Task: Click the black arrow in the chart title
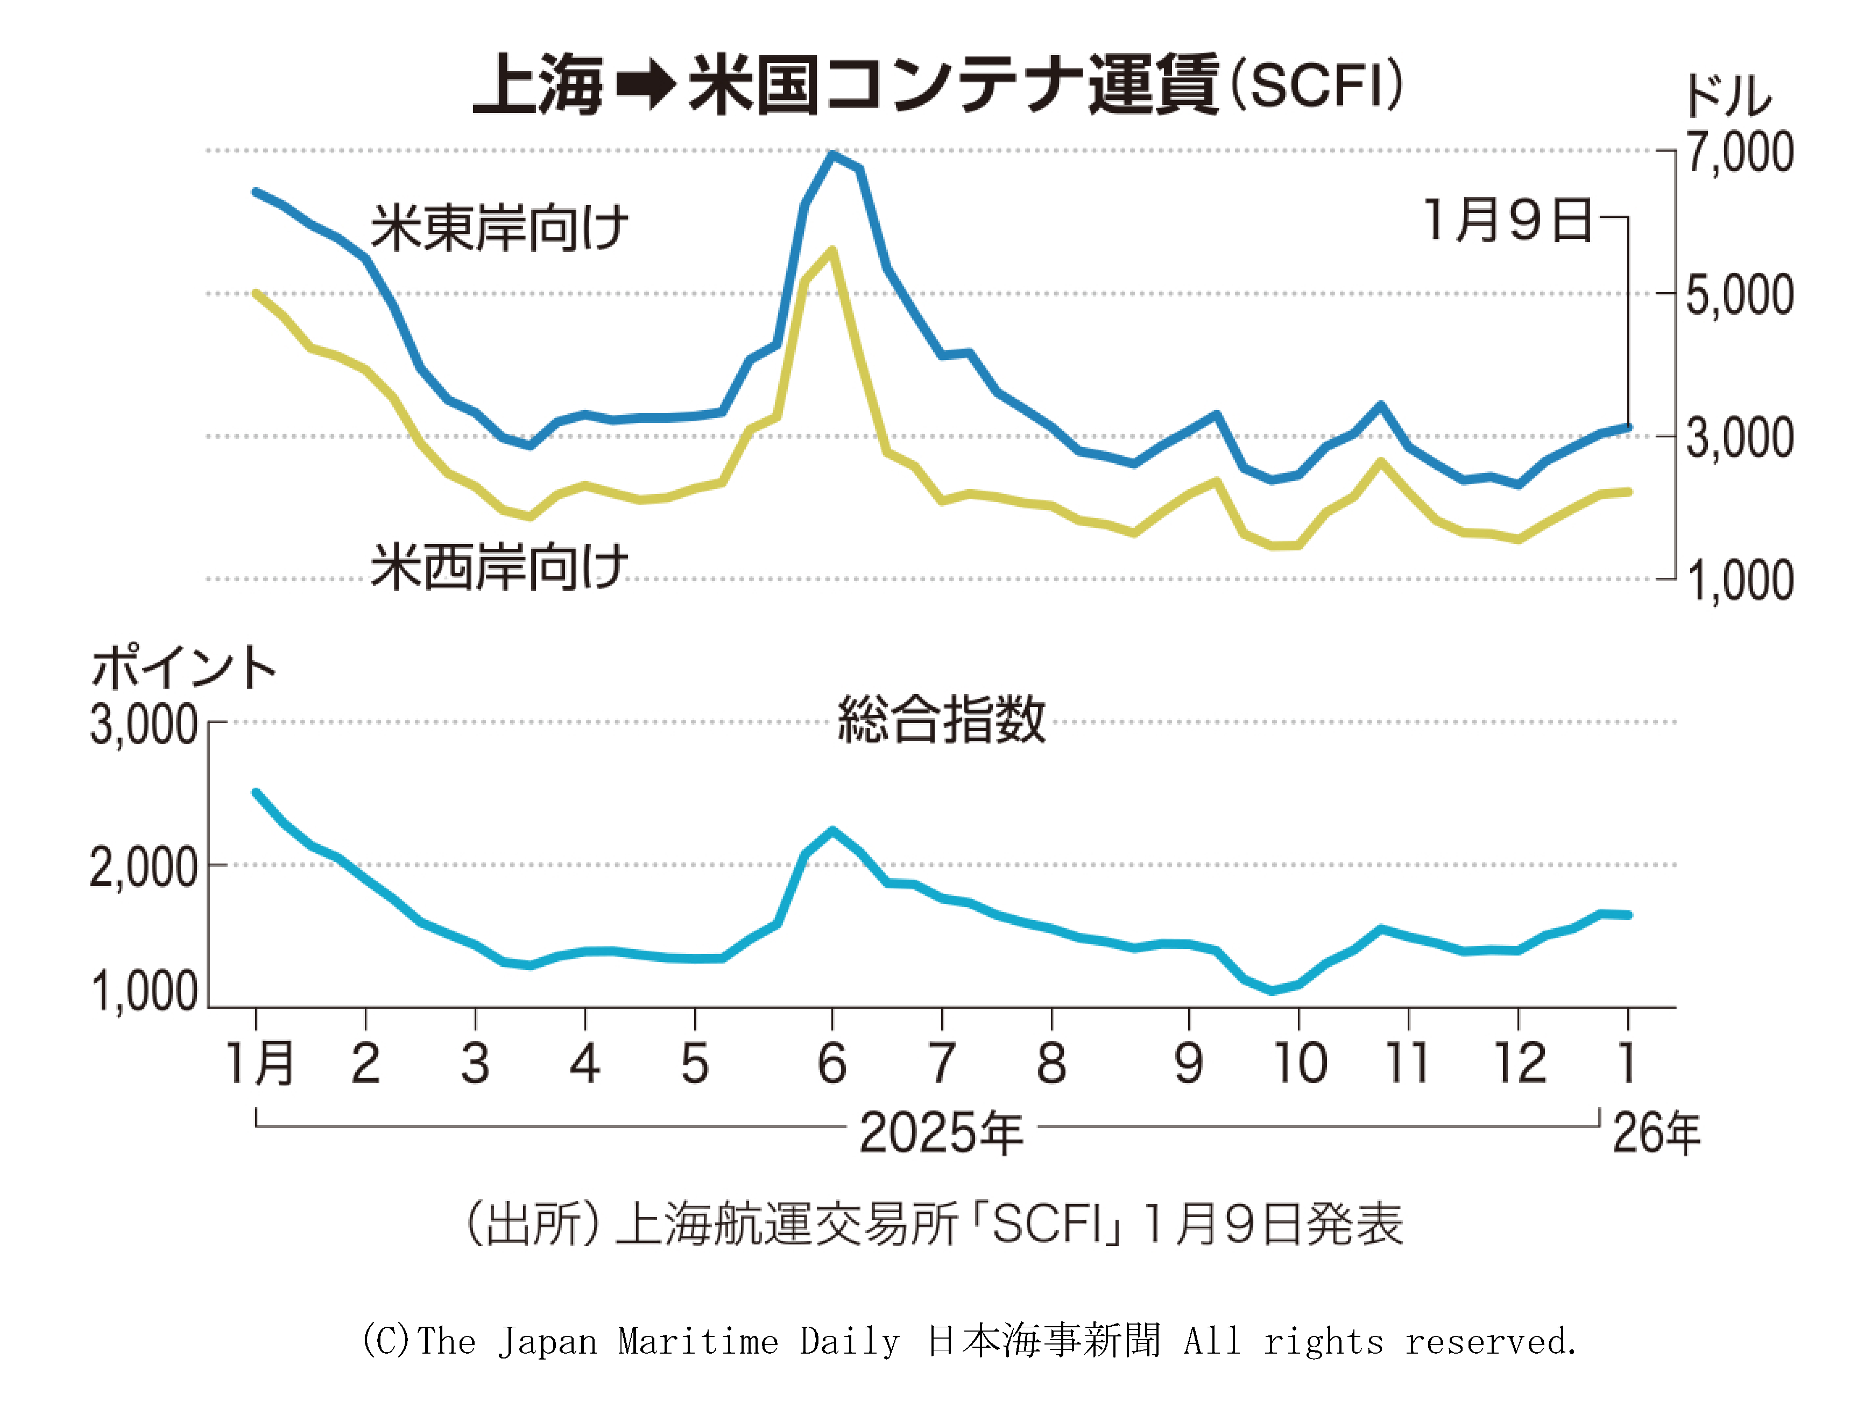[x=646, y=86]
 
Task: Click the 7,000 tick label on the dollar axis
[x=1739, y=152]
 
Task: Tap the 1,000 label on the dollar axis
[x=1739, y=581]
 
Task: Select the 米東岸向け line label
[x=499, y=228]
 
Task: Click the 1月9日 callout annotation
[x=1507, y=220]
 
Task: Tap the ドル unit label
[x=1727, y=96]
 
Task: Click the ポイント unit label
[x=183, y=667]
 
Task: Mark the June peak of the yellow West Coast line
[x=833, y=250]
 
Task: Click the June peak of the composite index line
[x=833, y=830]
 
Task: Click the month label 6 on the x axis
[x=832, y=1063]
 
